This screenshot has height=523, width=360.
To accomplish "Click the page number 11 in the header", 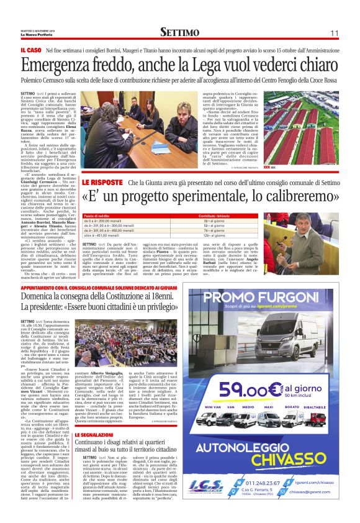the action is [333, 32].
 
